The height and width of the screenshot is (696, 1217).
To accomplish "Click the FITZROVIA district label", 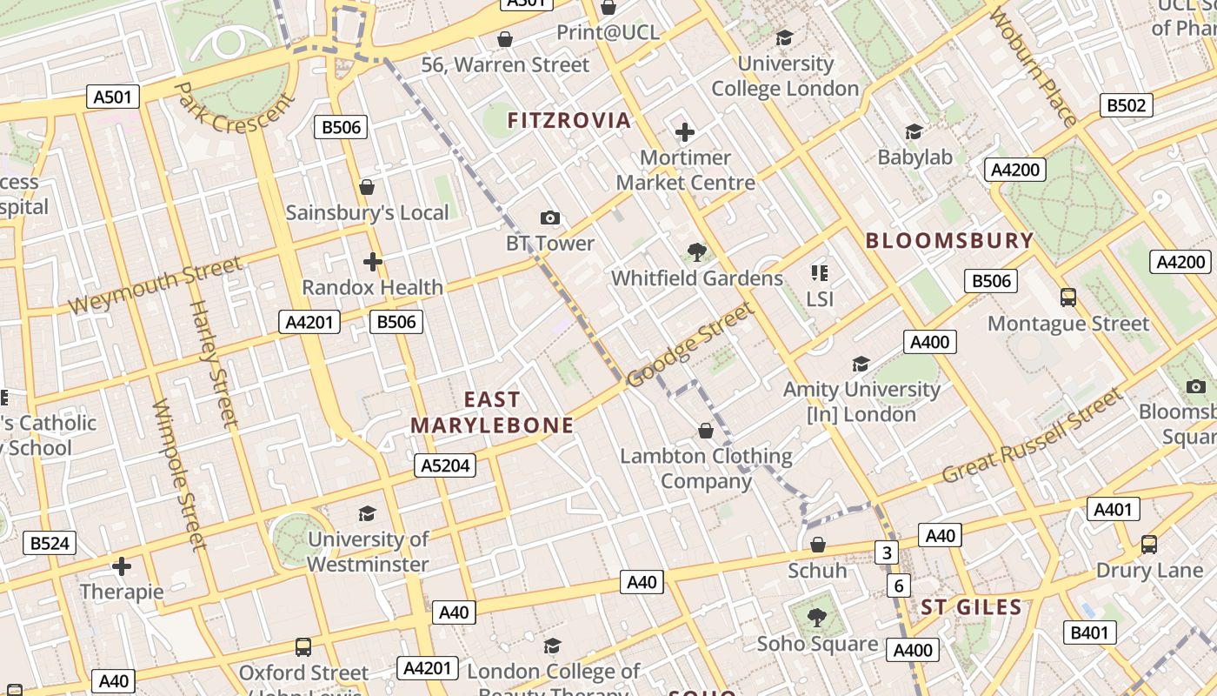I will coord(569,120).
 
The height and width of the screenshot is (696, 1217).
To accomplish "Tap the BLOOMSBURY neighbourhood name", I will coord(949,241).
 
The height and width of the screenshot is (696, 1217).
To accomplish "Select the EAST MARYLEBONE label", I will coord(492,412).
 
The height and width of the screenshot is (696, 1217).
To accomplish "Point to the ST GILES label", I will coord(971,607).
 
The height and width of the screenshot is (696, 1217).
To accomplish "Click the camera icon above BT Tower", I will coord(549,217).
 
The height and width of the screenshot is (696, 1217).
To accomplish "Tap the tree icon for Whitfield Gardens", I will coord(696,252).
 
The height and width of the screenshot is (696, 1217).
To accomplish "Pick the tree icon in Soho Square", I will coord(816,618).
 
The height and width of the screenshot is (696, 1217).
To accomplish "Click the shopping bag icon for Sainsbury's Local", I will coord(367,187).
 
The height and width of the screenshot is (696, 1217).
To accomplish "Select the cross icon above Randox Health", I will coord(372,261).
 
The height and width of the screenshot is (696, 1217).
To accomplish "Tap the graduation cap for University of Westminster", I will coord(367,513).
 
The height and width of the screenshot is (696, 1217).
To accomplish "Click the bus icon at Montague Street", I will coord(1068,298).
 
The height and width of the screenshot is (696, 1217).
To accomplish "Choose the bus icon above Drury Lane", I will coord(1148,545).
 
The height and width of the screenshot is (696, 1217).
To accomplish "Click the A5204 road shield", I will coord(445,465).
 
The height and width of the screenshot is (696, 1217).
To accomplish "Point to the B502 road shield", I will coord(1127,105).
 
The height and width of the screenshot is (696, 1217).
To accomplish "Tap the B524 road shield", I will coord(49,544).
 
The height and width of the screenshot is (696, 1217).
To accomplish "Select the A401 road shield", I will coord(1113,509).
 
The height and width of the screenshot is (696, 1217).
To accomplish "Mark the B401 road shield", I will coord(1089,632).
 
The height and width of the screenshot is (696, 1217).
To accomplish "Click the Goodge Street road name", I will coord(689,345).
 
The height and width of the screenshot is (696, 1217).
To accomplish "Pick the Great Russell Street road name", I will coord(1033,438).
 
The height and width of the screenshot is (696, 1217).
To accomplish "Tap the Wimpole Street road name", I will coord(179,474).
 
